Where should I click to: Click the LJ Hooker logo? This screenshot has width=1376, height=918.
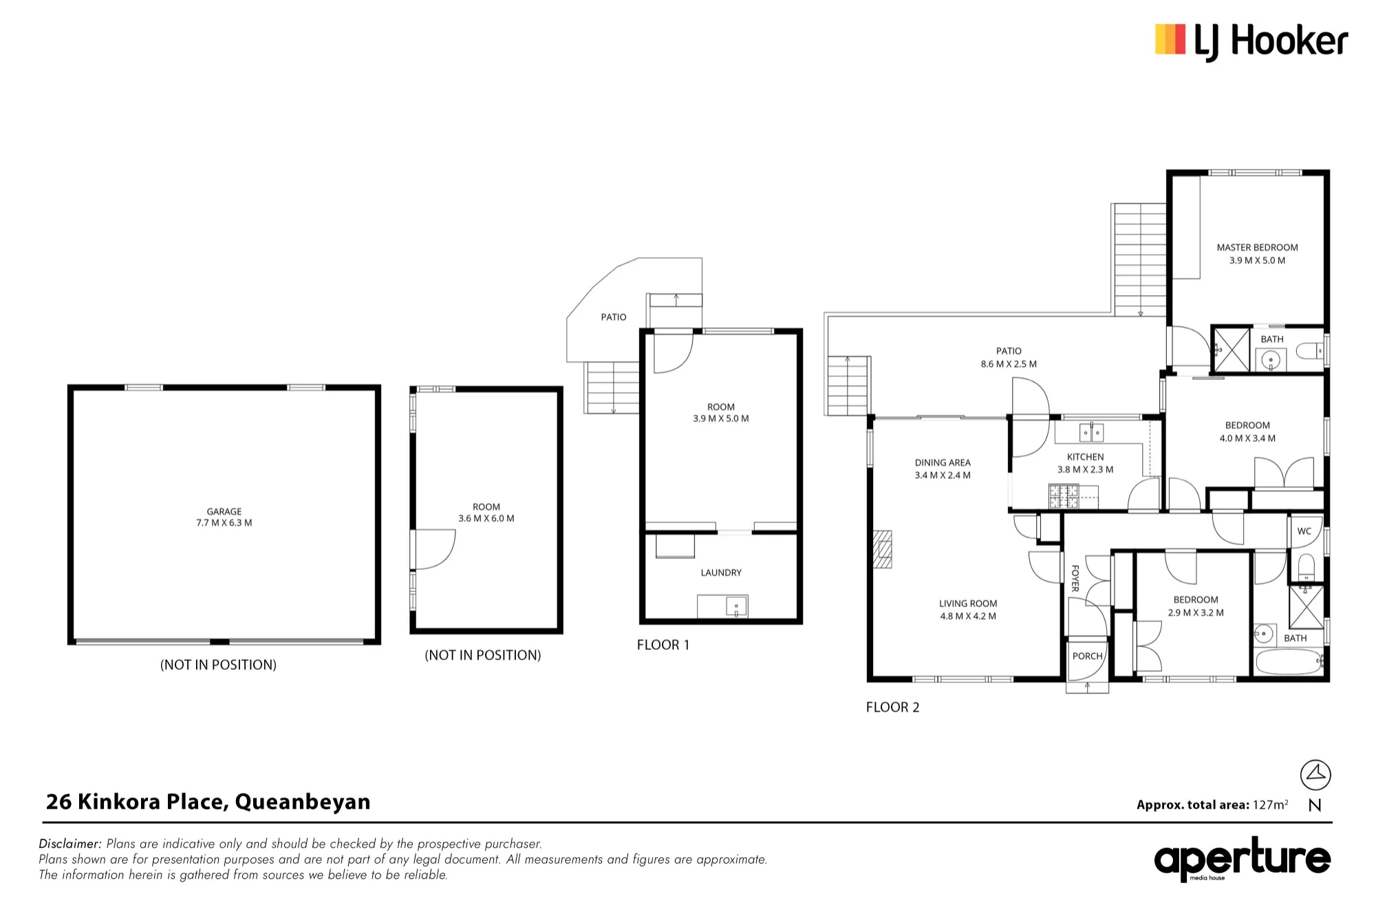1251,41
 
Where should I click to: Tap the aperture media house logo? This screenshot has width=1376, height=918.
1243,859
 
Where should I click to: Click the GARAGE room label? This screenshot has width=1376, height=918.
224,511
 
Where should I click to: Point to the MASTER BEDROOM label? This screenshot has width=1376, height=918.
1257,248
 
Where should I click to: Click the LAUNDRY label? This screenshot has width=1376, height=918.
721,573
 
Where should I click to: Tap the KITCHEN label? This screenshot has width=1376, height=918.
1086,457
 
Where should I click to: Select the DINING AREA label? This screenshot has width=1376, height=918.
943,462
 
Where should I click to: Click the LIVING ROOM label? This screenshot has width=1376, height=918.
968,604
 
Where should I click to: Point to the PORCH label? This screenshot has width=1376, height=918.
1087,656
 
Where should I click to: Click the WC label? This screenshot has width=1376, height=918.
1304,531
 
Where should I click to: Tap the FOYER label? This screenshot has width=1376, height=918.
1075,578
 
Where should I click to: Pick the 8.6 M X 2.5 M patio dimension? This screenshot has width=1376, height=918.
1009,364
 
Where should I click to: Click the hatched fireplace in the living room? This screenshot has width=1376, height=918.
883,549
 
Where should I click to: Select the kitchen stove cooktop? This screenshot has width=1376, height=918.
1064,496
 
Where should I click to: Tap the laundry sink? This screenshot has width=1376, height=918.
736,607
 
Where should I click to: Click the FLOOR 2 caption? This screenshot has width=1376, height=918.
892,707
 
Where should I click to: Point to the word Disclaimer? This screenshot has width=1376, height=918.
70,844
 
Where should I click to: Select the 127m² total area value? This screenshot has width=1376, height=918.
1270,804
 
